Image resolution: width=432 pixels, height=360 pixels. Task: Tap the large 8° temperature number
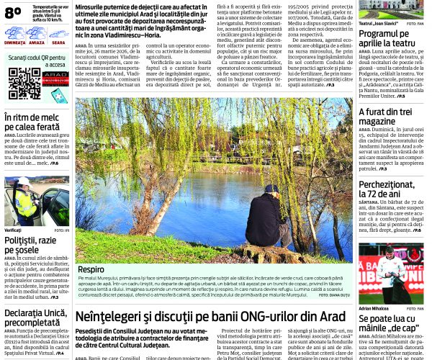click(13, 12)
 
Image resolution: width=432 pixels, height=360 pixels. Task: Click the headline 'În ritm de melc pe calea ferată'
click(33, 122)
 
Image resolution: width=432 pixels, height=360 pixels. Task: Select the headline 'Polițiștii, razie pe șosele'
click(32, 245)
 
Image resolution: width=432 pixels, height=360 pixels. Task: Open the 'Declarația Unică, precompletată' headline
click(36, 318)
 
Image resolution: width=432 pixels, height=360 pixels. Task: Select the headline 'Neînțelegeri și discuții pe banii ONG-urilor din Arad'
click(210, 316)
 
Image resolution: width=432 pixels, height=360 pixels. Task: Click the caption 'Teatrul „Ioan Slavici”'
click(380, 23)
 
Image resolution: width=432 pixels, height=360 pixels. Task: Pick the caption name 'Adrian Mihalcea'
click(374, 308)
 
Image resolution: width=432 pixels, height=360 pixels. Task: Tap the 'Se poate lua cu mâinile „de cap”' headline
click(389, 323)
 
